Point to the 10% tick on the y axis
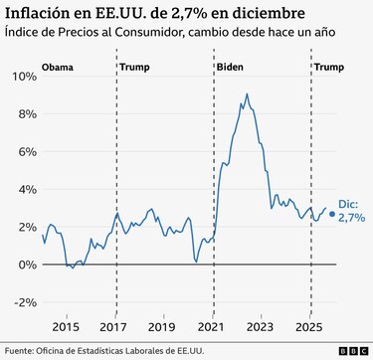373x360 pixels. point(21,76)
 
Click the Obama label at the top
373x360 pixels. point(59,68)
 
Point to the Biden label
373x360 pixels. point(231,68)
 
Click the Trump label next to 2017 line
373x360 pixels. point(135,68)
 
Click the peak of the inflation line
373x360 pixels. point(246,94)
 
